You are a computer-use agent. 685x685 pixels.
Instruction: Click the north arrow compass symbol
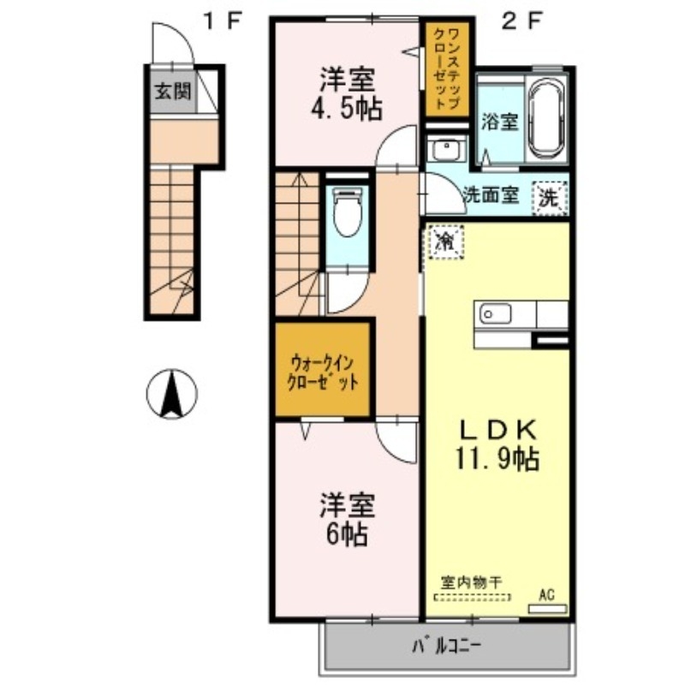(172, 395)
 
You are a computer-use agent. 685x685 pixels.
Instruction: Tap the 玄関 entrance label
(172, 92)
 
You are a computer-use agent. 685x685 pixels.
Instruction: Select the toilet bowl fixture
(347, 213)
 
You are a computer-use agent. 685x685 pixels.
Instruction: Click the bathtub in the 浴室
(546, 118)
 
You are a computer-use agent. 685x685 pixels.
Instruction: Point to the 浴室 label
(499, 121)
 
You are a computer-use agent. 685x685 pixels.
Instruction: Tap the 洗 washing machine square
(549, 197)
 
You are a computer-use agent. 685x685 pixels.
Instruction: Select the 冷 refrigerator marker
(445, 239)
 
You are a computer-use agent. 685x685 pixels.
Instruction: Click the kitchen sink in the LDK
(496, 314)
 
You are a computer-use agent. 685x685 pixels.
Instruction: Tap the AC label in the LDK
(546, 593)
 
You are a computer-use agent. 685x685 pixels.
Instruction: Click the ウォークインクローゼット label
(323, 373)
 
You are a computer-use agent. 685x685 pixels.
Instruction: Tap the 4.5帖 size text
(347, 109)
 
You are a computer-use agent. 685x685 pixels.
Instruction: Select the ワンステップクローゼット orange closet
(447, 68)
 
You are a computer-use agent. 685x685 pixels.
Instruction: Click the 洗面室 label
(491, 194)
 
